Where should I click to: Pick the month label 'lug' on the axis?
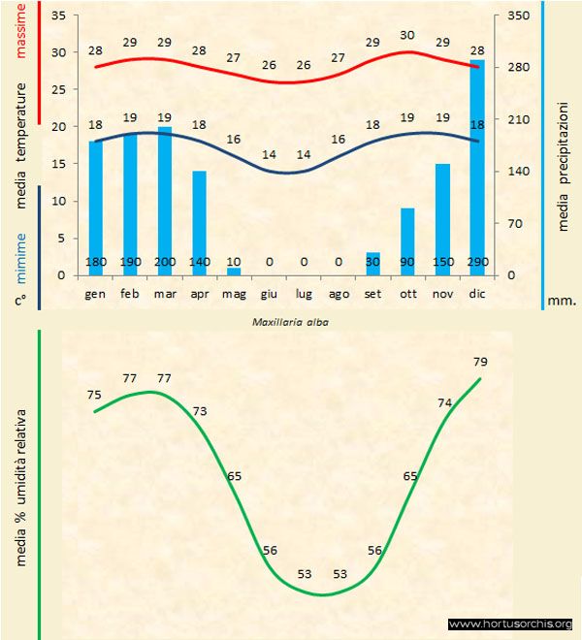(304, 292)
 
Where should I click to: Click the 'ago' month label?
(339, 292)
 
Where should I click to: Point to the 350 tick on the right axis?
(518, 16)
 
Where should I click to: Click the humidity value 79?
(480, 362)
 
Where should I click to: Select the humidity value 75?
(94, 395)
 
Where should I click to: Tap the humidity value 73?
(199, 411)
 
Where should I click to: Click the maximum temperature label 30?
(407, 36)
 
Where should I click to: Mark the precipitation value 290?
(477, 262)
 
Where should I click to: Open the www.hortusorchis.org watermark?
(510, 624)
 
